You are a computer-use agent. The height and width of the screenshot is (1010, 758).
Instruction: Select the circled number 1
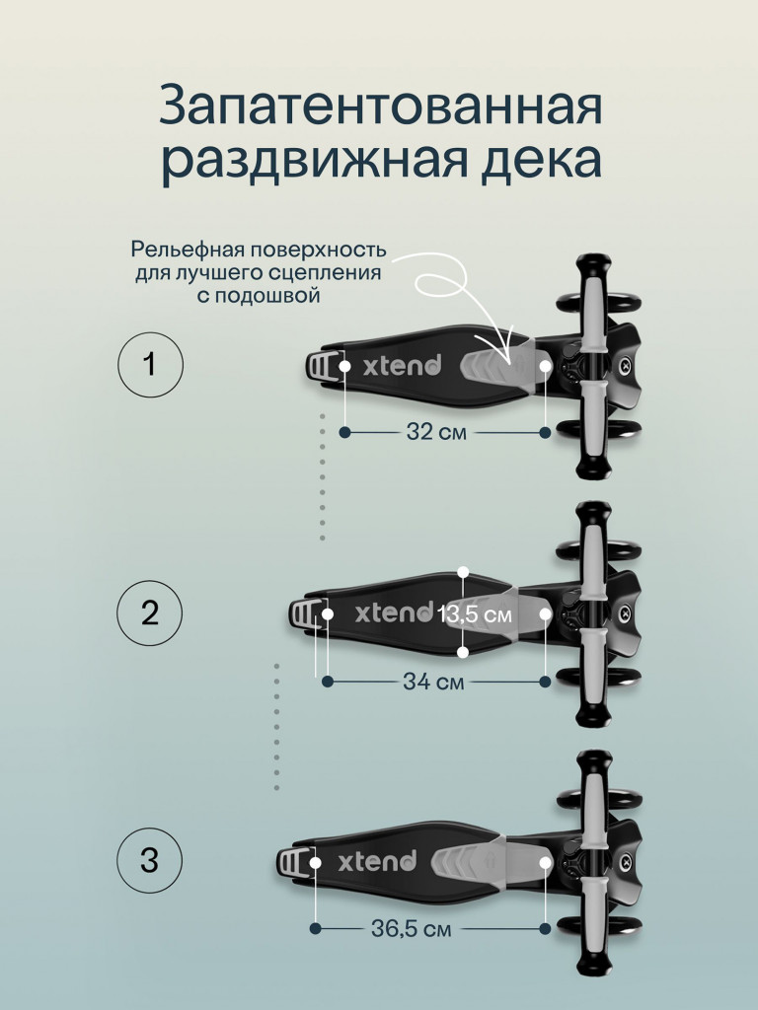tap(150, 365)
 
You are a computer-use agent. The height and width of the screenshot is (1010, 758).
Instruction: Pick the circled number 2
tap(150, 613)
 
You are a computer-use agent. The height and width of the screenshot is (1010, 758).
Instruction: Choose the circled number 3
tap(150, 860)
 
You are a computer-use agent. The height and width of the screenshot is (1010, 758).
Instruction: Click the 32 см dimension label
tap(436, 432)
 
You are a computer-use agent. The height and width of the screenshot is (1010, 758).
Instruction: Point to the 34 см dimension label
tap(434, 681)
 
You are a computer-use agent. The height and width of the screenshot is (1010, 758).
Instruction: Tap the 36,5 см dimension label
tap(412, 929)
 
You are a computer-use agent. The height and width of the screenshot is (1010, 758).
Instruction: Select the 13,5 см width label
tap(476, 614)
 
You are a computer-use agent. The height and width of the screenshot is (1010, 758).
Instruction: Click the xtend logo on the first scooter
tap(403, 365)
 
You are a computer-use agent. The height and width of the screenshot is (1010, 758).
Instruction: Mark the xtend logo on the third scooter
tap(377, 861)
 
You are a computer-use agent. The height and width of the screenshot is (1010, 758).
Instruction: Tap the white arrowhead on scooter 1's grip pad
tap(508, 356)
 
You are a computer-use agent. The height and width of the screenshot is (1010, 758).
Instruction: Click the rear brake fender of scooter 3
tap(293, 862)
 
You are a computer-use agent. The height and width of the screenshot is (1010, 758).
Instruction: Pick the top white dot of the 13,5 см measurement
tap(463, 572)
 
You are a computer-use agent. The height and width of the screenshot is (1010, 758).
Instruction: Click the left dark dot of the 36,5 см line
tap(315, 928)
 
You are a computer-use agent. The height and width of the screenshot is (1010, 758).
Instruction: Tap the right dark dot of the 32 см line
tap(545, 432)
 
